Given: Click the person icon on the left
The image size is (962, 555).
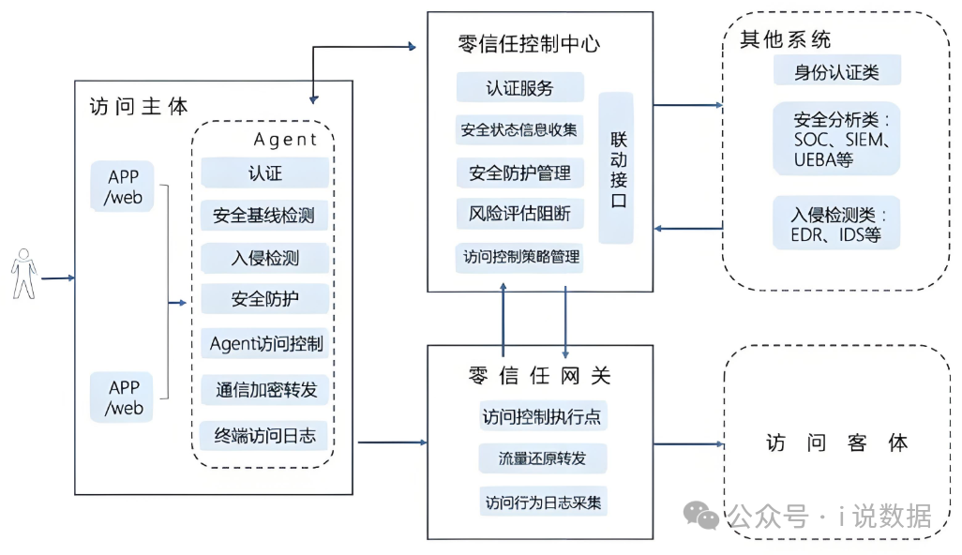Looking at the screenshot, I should (23, 274).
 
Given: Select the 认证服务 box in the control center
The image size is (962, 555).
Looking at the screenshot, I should (520, 88).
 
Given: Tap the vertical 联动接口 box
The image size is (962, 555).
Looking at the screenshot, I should (617, 168).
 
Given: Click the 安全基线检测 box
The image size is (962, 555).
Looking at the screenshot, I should (264, 216).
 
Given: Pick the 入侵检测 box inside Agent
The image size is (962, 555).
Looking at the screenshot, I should (264, 258).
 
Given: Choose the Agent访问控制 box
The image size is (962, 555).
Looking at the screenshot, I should (265, 343).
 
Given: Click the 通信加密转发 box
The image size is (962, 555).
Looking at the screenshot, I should (265, 389).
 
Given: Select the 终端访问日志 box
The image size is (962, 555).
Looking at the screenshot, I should (265, 435).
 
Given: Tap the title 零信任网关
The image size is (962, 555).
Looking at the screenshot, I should (539, 375).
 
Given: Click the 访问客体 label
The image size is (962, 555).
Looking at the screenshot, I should (836, 442).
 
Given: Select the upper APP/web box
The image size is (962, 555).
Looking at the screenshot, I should (123, 186).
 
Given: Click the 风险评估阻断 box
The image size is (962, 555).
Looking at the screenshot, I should (520, 214).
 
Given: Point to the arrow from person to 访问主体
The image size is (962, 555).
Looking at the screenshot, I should (57, 277).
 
